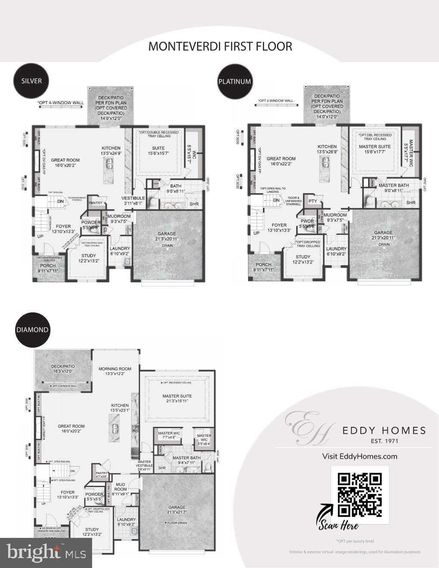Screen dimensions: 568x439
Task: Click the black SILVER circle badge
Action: pyautogui.click(x=31, y=80)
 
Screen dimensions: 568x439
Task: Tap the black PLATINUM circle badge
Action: pyautogui.click(x=235, y=81)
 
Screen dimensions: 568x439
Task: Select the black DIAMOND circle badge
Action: pyautogui.click(x=32, y=330)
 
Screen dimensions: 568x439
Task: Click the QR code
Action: pyautogui.click(x=360, y=494)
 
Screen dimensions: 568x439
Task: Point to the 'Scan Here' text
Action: pyautogui.click(x=338, y=525)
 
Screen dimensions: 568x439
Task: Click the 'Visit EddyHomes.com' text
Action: pyautogui.click(x=359, y=456)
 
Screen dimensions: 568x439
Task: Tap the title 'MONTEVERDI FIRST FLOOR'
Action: pyautogui.click(x=220, y=46)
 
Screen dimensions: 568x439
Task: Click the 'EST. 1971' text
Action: pyautogui.click(x=384, y=441)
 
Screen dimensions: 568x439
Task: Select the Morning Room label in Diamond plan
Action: pyautogui.click(x=114, y=371)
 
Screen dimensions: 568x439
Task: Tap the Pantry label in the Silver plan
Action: pyautogui.click(x=95, y=202)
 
